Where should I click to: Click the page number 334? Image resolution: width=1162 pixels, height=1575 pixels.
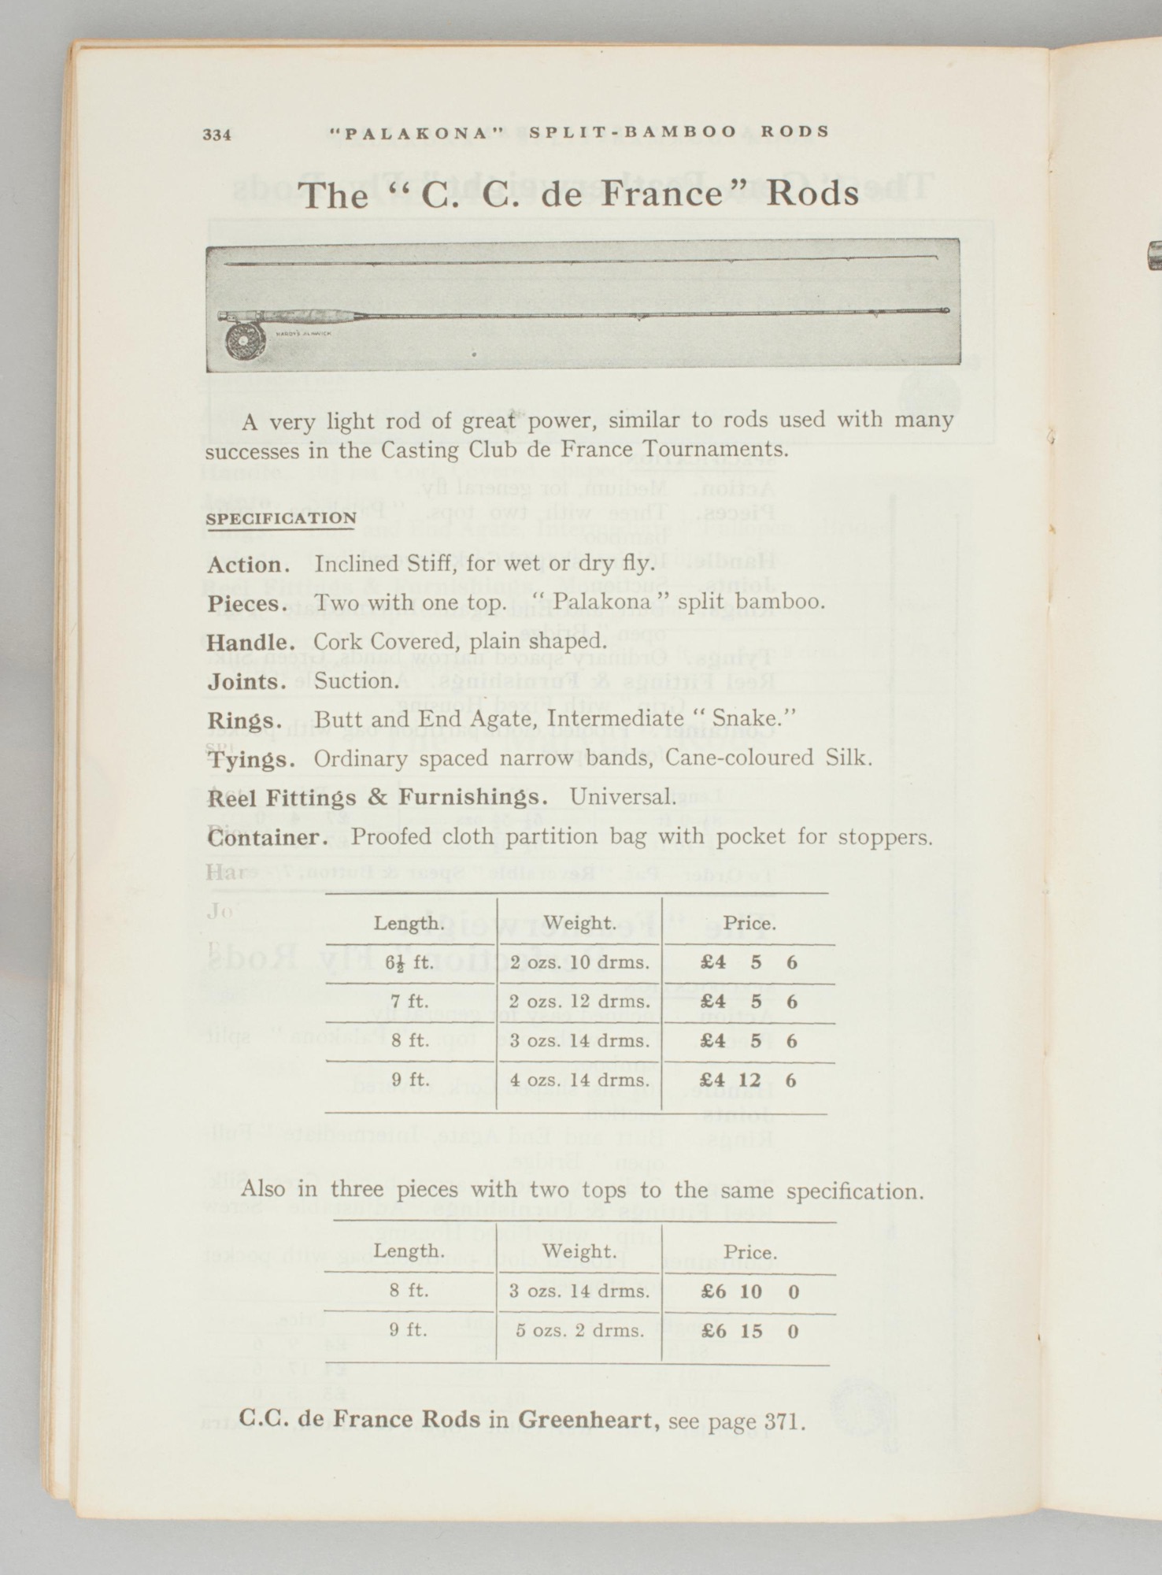(x=216, y=135)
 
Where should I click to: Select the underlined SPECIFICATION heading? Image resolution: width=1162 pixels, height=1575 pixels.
(x=280, y=518)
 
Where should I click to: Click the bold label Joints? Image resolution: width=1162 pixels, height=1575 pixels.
(x=247, y=681)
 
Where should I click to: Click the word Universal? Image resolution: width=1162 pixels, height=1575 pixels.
(x=623, y=797)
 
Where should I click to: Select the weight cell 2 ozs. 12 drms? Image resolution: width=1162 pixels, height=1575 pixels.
(x=579, y=1002)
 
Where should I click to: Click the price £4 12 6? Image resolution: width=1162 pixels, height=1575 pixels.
(x=749, y=1080)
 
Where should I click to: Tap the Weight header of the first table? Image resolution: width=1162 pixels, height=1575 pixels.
(x=579, y=922)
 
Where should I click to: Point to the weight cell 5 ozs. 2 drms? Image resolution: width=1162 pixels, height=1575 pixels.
(x=579, y=1331)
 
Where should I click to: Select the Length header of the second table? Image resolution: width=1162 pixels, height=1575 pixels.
(x=409, y=1251)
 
